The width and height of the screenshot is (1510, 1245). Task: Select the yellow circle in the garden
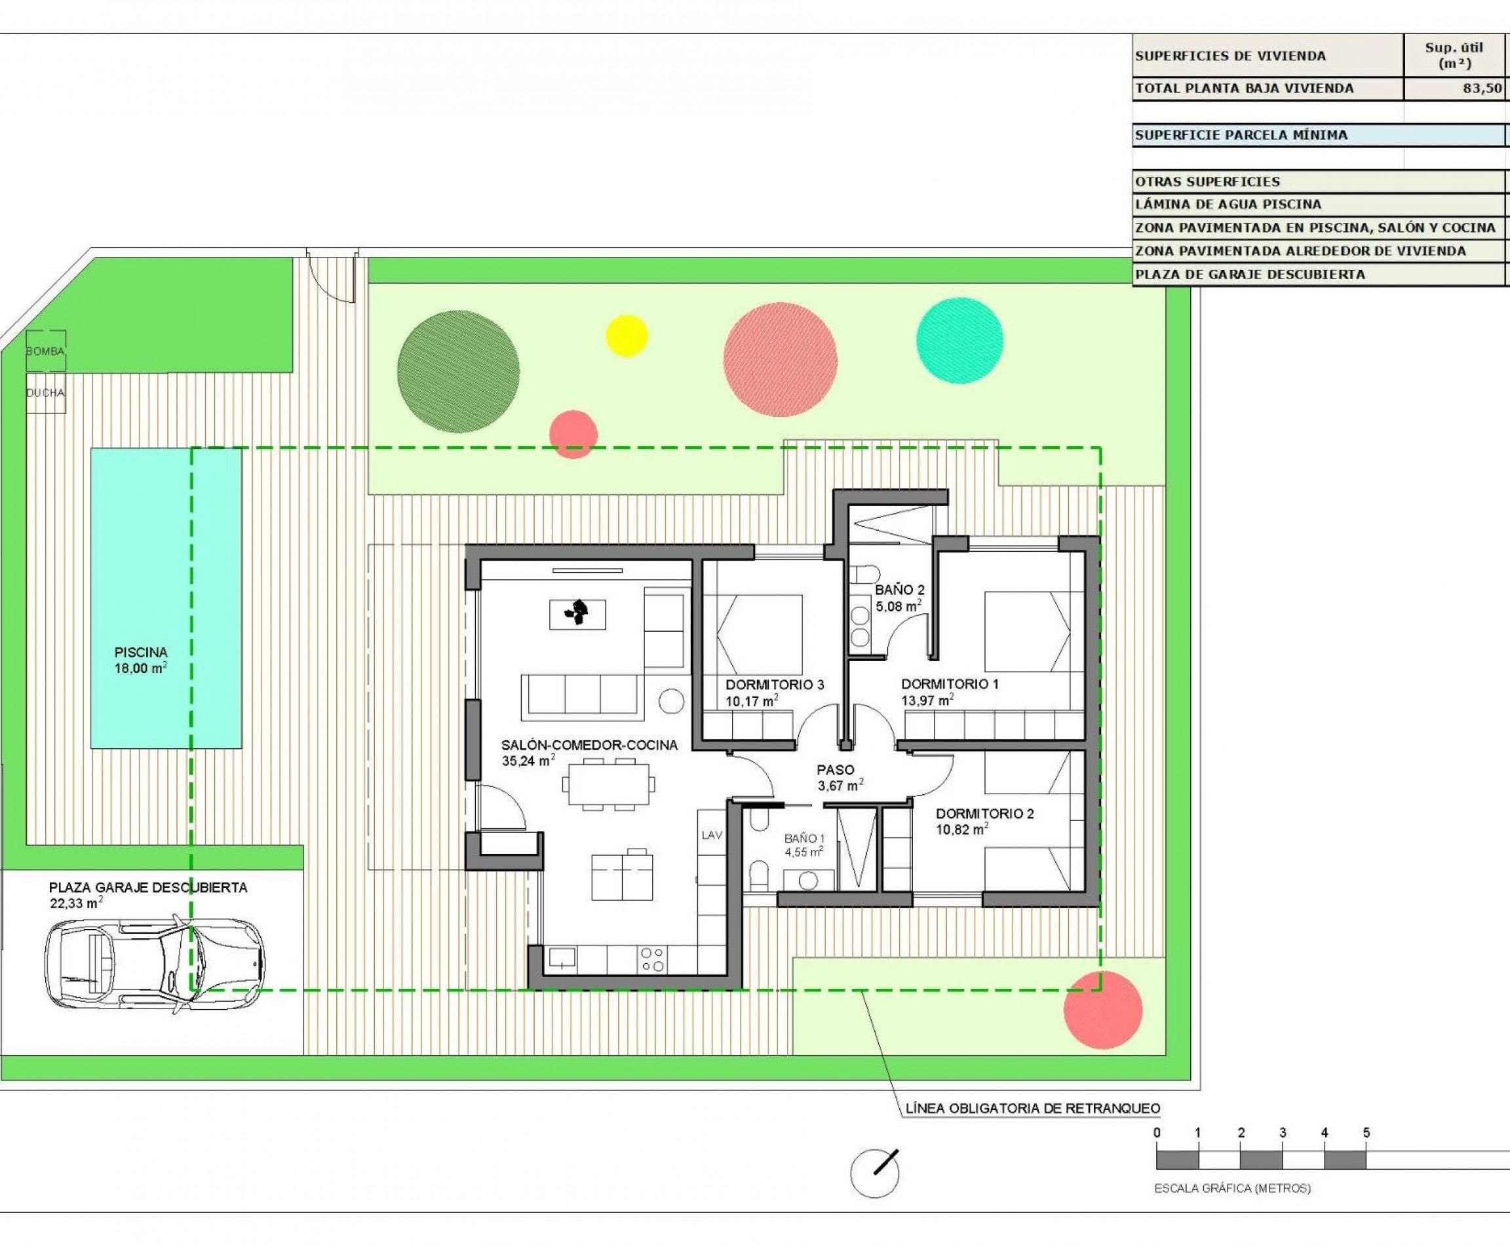(627, 335)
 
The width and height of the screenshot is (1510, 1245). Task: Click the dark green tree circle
(457, 372)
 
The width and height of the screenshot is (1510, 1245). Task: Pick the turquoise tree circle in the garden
(959, 340)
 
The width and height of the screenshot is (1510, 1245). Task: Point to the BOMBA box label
(45, 351)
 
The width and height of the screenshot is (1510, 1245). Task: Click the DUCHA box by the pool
(45, 393)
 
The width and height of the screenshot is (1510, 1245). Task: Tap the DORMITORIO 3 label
(774, 685)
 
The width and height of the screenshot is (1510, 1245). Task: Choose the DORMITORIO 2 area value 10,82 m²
(961, 830)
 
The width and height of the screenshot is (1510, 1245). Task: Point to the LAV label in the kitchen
(712, 835)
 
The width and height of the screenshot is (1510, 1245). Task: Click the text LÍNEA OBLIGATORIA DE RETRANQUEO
(1032, 1108)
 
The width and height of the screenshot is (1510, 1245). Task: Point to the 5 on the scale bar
(1366, 1133)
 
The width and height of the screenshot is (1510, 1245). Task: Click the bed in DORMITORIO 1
(1026, 631)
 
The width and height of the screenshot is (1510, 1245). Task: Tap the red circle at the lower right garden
(1102, 1010)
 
